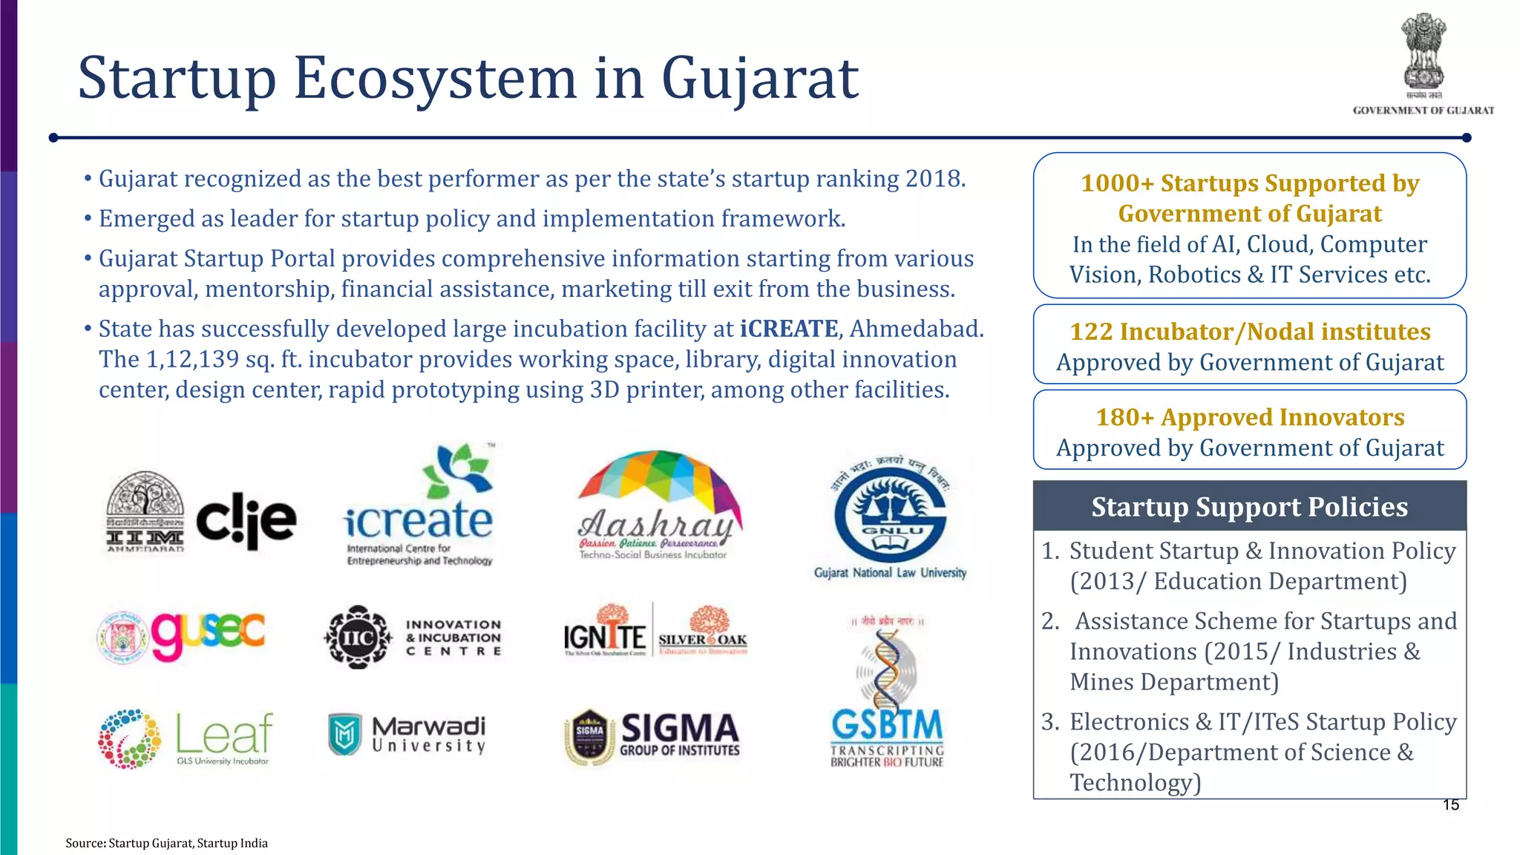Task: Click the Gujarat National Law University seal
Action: (890, 516)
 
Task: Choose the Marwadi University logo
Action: (407, 734)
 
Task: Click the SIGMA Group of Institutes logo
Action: (652, 736)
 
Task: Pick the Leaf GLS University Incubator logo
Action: (186, 738)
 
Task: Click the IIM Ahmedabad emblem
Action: (145, 512)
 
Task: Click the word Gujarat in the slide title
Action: (759, 79)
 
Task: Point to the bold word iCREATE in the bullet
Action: (789, 329)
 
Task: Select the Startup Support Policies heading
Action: (1249, 507)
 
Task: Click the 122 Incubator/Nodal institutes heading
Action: (1250, 332)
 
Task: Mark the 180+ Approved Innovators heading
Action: (1250, 417)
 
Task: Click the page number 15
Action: (1450, 805)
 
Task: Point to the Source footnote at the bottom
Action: (166, 843)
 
